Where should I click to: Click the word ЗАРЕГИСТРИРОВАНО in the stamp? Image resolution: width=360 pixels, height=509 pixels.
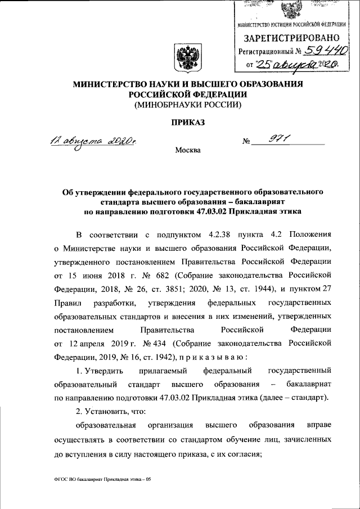click(291, 38)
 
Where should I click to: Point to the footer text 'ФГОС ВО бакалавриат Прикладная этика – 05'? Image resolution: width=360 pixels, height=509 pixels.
click(101, 479)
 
